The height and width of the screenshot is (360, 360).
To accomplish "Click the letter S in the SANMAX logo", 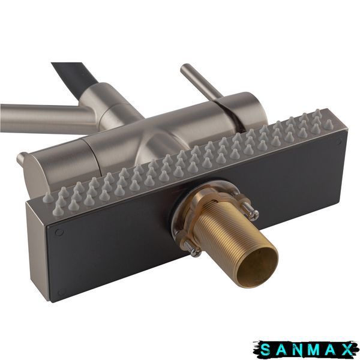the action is click(x=266, y=350).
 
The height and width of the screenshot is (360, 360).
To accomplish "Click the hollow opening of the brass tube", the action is click(x=257, y=268).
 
